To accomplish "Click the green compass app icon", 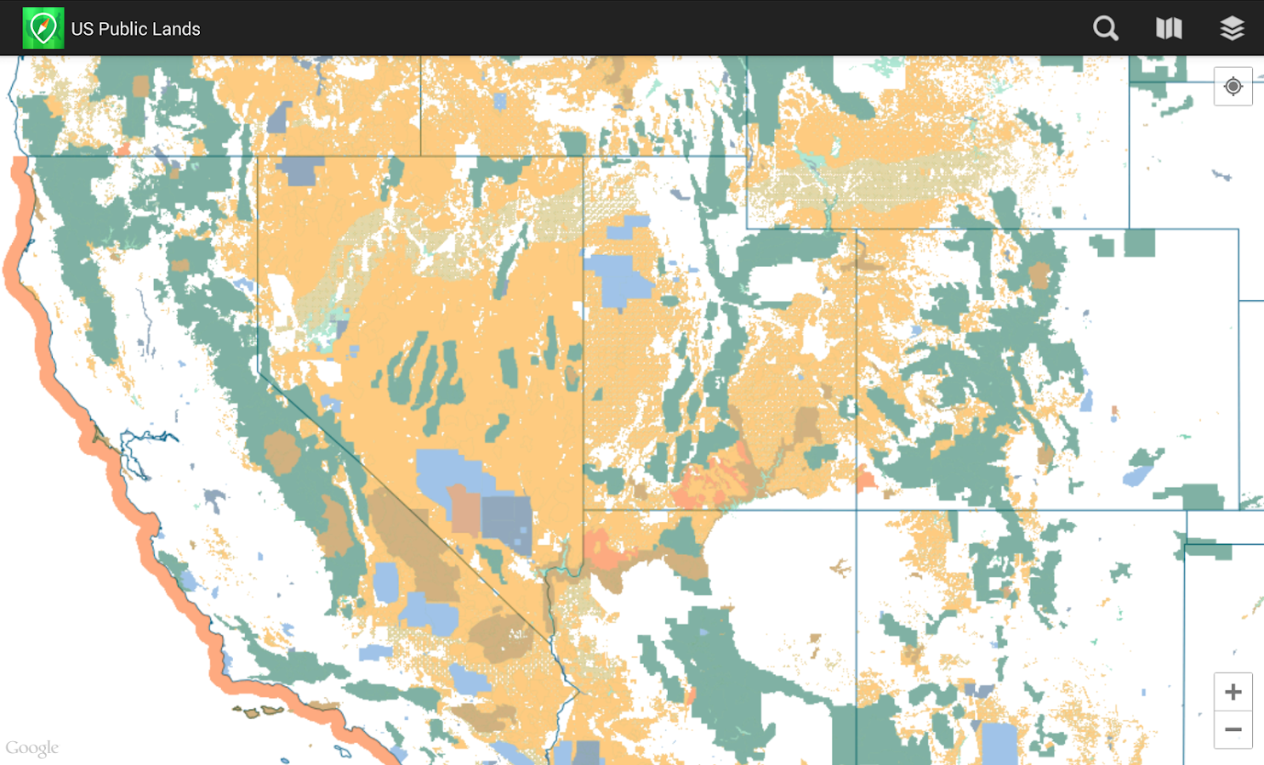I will pos(43,28).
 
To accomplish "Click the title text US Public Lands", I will pos(135,29).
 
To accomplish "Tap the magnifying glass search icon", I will pos(1105,28).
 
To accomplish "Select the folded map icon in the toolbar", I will pos(1169,28).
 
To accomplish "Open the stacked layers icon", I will pos(1232,28).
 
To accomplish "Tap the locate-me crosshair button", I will pos(1233,87).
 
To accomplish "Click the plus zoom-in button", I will pos(1233,692).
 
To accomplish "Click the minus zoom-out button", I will pos(1233,729).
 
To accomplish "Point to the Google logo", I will pos(32,748).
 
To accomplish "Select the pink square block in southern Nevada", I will pos(464,508).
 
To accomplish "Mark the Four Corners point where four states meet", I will pos(856,510).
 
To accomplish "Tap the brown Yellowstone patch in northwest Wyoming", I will pos(1039,275).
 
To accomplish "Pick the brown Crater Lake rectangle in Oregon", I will pos(140,86).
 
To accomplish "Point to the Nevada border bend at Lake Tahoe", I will pos(259,370).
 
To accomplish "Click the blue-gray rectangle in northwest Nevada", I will pos(299,170).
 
